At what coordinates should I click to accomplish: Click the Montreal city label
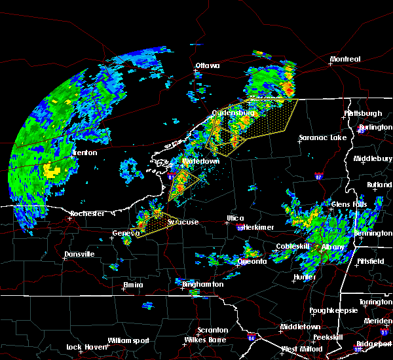(345, 60)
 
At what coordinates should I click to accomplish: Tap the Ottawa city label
(207, 66)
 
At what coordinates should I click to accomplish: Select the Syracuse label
(183, 223)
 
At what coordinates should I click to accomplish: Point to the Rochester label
(87, 214)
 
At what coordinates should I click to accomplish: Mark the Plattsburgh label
(363, 114)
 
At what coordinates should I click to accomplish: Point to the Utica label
(235, 219)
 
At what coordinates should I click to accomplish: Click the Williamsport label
(129, 341)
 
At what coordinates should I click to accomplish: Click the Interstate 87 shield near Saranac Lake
(318, 175)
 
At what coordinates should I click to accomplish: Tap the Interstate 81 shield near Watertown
(171, 176)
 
